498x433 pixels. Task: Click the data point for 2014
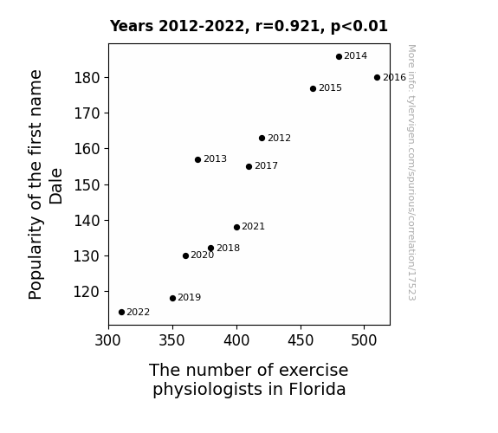tap(339, 57)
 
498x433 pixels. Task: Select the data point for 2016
tap(377, 78)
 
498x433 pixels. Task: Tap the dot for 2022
tap(121, 313)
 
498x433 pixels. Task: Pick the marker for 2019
tap(172, 298)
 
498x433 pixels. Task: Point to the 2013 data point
tap(197, 160)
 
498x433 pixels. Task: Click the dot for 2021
tap(236, 228)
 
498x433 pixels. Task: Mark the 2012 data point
tap(262, 139)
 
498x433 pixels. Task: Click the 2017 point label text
tap(266, 165)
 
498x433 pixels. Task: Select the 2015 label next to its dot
tap(330, 88)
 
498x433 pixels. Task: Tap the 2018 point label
tap(229, 249)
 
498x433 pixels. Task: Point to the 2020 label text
tap(203, 255)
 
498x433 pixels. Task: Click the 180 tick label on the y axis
tap(87, 78)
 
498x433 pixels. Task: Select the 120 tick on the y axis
tap(87, 292)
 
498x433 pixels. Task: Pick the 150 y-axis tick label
tap(87, 184)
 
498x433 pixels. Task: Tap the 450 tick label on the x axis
tap(301, 340)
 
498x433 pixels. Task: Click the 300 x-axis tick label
tap(108, 340)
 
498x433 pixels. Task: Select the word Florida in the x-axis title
tap(317, 389)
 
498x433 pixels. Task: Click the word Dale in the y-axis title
tap(56, 186)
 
